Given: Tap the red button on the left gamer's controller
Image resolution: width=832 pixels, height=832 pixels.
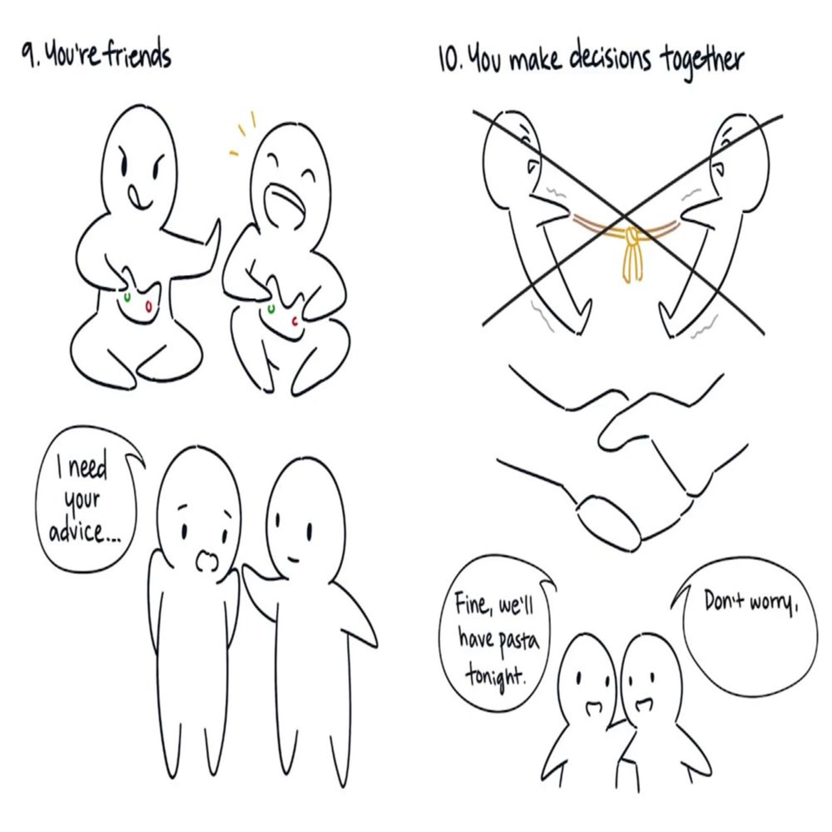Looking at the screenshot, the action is click(149, 305).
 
